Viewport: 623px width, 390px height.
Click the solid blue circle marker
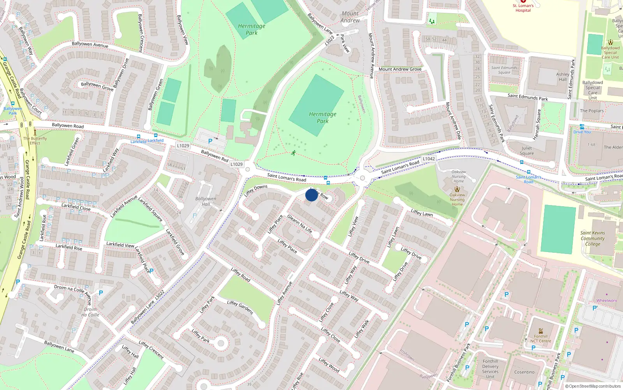[311, 195]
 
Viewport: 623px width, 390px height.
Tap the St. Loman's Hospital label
[523, 8]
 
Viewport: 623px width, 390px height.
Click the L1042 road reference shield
[429, 159]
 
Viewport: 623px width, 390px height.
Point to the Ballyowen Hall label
[206, 201]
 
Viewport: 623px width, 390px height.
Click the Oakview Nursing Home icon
[457, 189]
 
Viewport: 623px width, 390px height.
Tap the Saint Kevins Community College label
[593, 238]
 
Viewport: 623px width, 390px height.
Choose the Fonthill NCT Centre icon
[540, 331]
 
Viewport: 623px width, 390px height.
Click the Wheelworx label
[607, 300]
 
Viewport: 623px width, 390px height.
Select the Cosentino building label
[524, 372]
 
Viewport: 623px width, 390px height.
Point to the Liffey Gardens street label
[240, 307]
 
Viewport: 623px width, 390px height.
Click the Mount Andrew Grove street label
[400, 69]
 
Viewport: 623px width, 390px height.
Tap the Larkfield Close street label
[76, 207]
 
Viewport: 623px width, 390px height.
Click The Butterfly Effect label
[35, 141]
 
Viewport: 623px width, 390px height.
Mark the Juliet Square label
[527, 151]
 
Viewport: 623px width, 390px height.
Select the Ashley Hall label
[563, 77]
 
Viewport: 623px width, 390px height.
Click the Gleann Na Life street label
[299, 223]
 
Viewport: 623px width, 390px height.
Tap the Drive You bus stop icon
[582, 127]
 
